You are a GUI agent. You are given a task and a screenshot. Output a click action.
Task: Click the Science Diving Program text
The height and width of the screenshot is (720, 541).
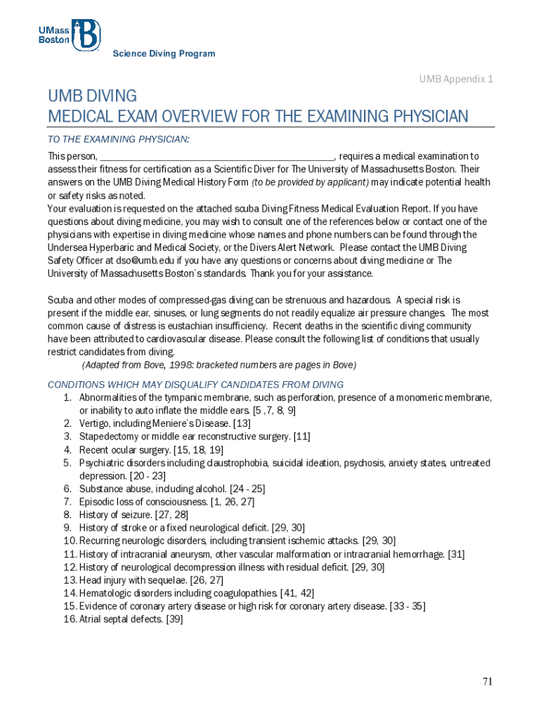pos(164,54)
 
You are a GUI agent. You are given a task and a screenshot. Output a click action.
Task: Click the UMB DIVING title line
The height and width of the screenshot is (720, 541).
pos(92,96)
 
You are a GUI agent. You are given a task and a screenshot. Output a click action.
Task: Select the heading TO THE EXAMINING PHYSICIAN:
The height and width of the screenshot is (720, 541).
pos(118,139)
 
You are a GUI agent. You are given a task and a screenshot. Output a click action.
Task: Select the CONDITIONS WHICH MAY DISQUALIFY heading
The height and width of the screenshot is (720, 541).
pos(195,385)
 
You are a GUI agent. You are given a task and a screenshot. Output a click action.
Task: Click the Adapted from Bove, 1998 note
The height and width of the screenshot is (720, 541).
pos(219,365)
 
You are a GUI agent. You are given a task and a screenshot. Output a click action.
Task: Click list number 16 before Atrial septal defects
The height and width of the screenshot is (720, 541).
pos(69,619)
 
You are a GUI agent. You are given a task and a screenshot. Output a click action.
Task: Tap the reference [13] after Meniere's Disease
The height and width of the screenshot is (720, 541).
pos(241,423)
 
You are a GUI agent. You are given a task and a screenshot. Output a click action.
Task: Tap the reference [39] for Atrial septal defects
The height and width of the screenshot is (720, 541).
pos(174,619)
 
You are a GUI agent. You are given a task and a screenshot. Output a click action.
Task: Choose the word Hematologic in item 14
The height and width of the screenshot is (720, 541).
pos(105,593)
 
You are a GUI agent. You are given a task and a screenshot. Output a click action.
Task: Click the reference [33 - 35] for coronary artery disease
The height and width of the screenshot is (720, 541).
pos(407,606)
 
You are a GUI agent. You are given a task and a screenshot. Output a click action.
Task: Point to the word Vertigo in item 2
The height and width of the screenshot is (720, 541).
pos(94,423)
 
